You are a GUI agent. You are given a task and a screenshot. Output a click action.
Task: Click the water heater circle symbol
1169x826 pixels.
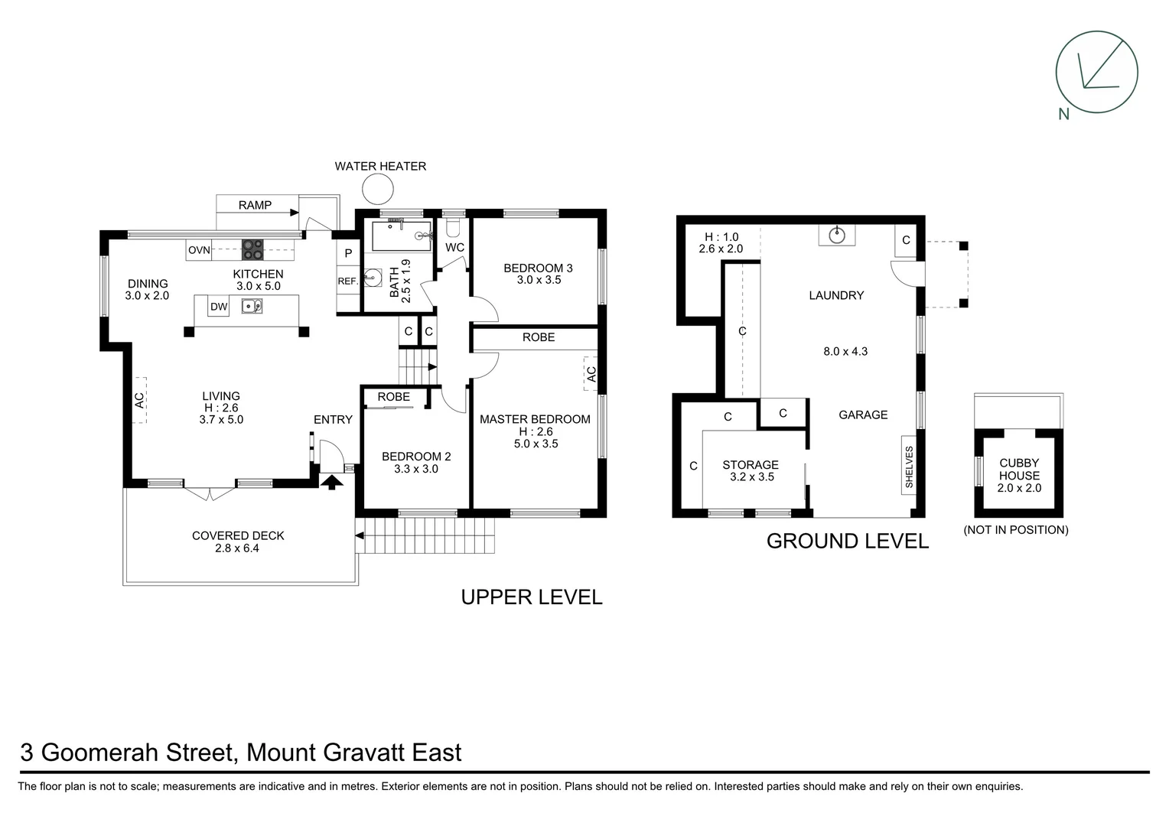pos(377,189)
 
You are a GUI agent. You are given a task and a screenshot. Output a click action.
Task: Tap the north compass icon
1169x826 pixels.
pos(1096,73)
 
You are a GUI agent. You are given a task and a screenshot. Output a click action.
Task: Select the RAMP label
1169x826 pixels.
pos(255,205)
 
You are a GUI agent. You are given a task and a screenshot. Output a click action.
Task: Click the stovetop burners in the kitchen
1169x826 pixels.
pos(253,250)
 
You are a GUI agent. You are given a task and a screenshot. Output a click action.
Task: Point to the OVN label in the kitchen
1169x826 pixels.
pos(199,250)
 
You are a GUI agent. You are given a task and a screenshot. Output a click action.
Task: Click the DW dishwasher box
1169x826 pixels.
pos(219,307)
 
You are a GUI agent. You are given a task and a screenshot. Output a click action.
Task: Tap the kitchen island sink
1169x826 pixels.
pos(252,306)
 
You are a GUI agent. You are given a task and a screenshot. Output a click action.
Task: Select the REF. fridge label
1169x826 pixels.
pos(348,281)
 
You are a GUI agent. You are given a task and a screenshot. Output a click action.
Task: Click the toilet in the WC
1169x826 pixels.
pos(452,229)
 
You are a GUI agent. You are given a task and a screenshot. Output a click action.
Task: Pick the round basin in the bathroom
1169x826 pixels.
pos(373,278)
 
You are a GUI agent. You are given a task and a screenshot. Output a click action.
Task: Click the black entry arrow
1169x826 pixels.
pos(331,482)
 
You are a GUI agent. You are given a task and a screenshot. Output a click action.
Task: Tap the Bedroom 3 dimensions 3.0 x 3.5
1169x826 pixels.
pos(539,280)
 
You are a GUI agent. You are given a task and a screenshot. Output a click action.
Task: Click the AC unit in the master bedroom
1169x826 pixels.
pos(591,374)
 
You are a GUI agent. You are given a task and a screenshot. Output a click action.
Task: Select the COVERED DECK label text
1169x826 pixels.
pos(238,535)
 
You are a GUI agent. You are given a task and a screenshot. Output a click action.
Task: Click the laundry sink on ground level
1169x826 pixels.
pos(837,234)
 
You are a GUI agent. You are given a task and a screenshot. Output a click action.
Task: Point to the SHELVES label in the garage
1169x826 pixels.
pos(909,467)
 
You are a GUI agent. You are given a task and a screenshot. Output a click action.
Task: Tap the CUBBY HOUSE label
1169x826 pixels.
pos(1019,469)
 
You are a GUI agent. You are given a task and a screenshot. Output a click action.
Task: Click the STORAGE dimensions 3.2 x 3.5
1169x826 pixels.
pos(752,477)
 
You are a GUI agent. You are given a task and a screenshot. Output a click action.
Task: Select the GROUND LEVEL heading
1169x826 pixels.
pos(847,541)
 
